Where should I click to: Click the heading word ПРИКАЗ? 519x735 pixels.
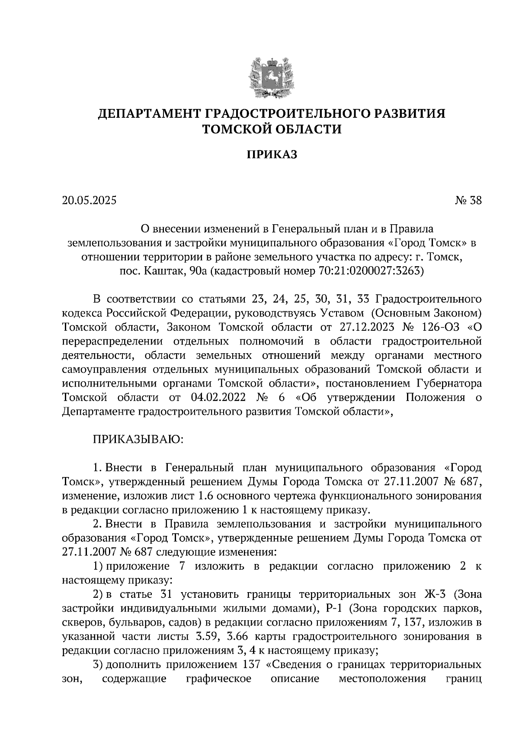point(272,155)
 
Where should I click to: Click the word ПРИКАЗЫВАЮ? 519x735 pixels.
point(138,440)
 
